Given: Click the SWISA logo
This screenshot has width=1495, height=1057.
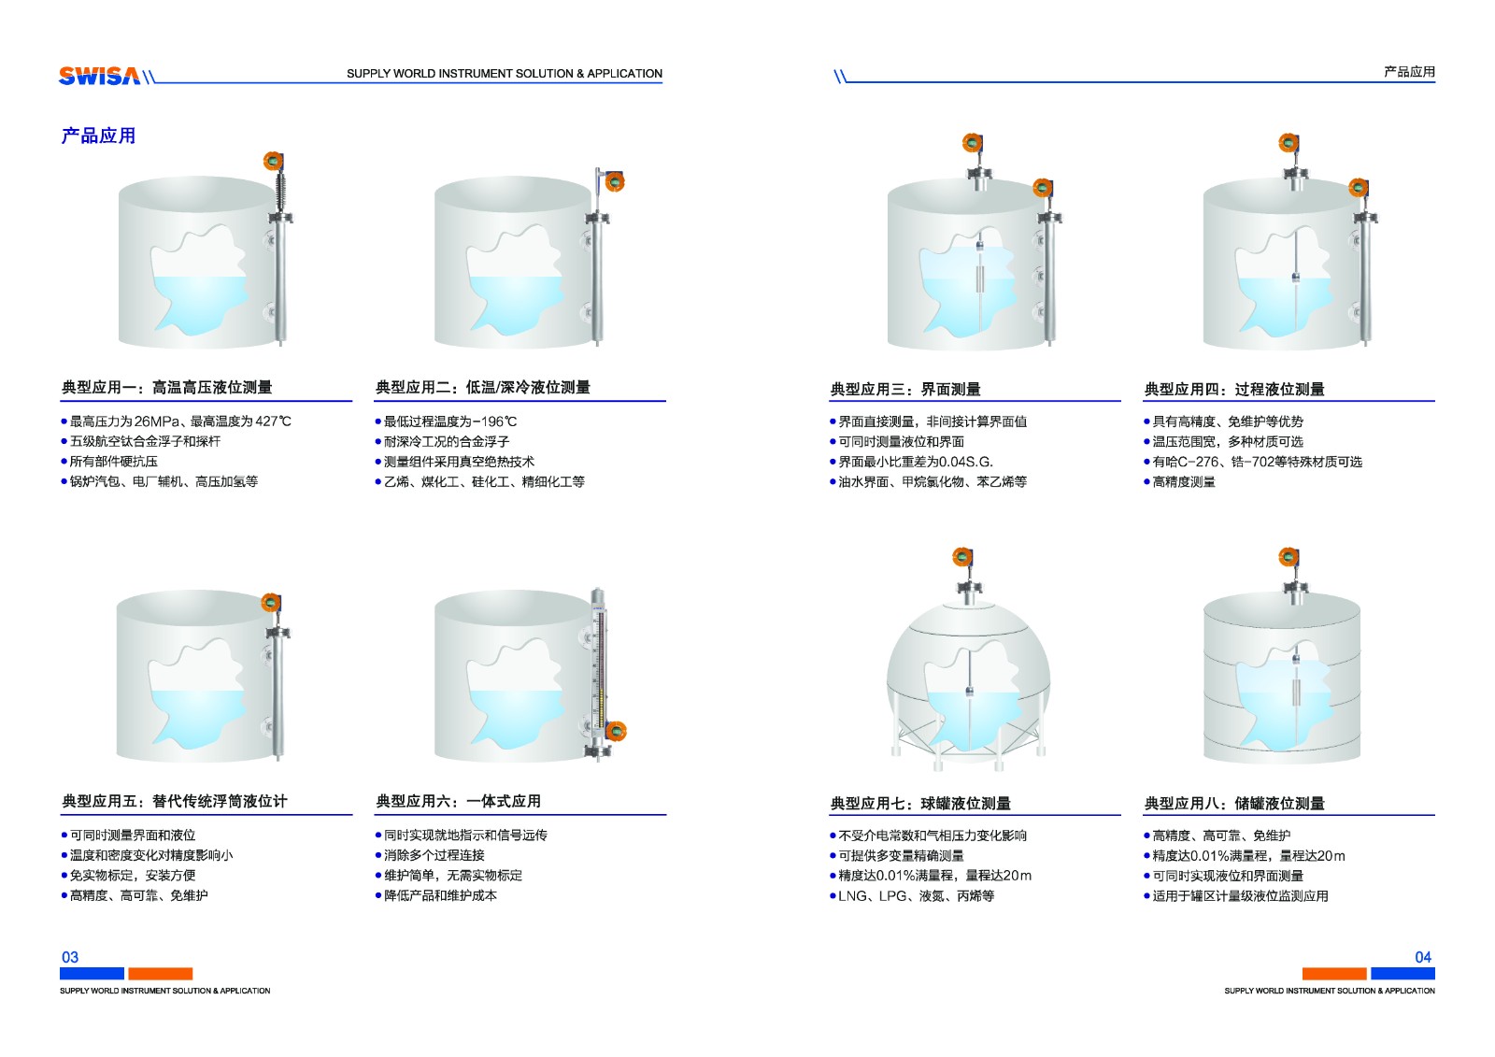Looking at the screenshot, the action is point(99,76).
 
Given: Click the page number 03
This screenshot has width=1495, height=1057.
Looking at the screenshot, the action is point(70,957).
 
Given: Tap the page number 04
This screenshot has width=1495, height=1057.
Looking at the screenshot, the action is point(1423,957).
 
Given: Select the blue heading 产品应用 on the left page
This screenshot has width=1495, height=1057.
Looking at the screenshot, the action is point(98,136).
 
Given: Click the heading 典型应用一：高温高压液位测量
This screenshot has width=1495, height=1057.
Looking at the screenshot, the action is point(167,387).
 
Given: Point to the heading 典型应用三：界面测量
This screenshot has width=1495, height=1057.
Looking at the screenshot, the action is point(905,390).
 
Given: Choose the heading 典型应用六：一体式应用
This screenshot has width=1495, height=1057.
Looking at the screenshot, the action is point(459,801).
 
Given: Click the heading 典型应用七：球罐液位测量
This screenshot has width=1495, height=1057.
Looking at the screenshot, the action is point(920,804).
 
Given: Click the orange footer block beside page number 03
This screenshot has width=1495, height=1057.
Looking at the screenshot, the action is point(160,974).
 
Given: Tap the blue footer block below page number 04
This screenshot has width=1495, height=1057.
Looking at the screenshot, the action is point(1402,974).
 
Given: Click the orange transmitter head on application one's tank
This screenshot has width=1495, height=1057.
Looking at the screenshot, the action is point(273,161).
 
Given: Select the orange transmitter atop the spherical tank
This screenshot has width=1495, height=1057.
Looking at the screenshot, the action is point(962,556).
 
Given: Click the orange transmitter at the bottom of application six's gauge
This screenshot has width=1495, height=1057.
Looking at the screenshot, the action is point(616,731).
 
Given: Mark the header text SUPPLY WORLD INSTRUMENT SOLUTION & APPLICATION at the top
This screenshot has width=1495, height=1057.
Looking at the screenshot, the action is point(505,74).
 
